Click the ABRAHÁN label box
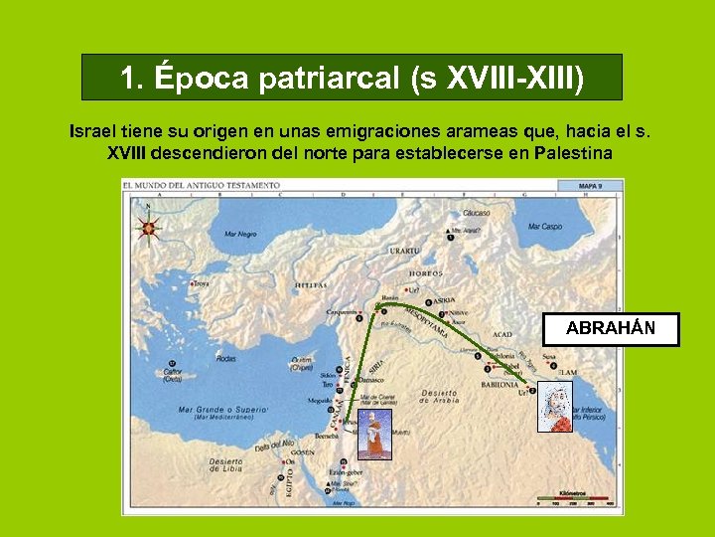pyautogui.click(x=610, y=329)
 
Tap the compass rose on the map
pyautogui.click(x=148, y=227)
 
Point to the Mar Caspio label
pyautogui.click(x=545, y=227)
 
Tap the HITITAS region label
pyautogui.click(x=311, y=285)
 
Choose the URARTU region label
pyautogui.click(x=404, y=251)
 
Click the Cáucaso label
pyautogui.click(x=476, y=214)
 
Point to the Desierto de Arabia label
pyautogui.click(x=439, y=396)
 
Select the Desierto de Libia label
pyautogui.click(x=225, y=464)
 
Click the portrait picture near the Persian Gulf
pyautogui.click(x=554, y=407)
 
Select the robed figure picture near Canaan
pyautogui.click(x=375, y=435)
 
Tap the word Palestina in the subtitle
pyautogui.click(x=572, y=153)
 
